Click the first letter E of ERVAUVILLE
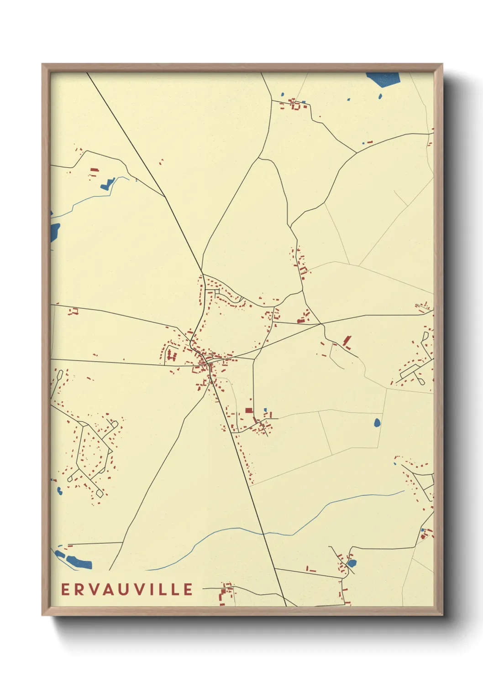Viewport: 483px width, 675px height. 65,589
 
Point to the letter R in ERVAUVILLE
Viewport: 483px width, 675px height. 79,589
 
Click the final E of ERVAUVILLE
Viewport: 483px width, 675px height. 188,589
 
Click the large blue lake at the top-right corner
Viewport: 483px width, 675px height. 384,79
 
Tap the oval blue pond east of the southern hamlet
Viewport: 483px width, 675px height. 377,423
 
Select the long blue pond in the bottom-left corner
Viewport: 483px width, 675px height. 79,561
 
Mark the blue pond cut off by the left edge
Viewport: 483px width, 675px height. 54,232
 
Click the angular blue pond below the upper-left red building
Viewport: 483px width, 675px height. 107,184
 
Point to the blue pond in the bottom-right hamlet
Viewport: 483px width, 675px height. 352,563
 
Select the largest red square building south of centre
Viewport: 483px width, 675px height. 249,410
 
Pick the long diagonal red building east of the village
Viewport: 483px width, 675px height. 347,340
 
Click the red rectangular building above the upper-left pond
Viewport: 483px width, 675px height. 94,170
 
